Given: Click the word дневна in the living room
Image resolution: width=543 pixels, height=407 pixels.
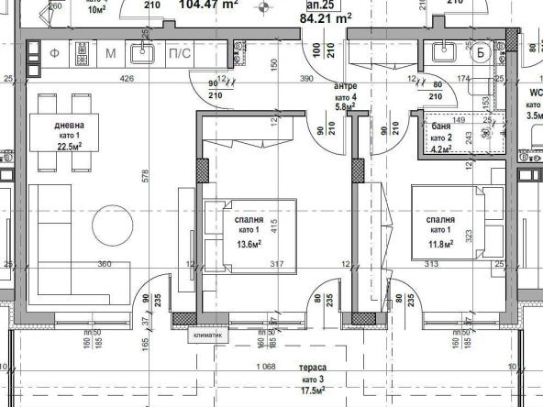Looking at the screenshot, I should click(x=71, y=126).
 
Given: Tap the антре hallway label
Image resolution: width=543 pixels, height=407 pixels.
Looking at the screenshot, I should click(x=345, y=86).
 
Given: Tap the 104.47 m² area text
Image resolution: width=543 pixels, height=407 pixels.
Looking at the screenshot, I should click(x=209, y=4).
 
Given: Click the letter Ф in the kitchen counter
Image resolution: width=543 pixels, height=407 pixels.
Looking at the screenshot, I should click(x=54, y=53).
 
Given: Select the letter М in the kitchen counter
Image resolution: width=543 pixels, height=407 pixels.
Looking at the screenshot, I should click(x=110, y=53).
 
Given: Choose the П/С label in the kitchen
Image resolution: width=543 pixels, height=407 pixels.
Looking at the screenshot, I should click(x=179, y=53).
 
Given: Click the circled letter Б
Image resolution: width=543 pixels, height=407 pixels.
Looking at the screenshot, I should click(x=481, y=51).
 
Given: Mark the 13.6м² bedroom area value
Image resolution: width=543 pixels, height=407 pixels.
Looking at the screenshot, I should click(x=249, y=244).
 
